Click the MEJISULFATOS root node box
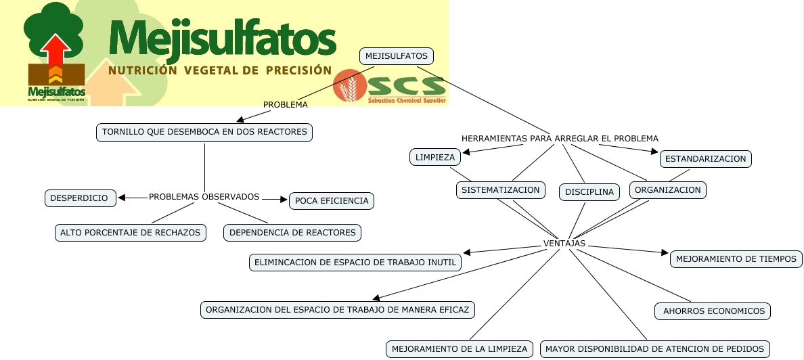click(396, 56)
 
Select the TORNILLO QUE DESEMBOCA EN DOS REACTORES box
click(204, 132)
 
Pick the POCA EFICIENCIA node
click(332, 200)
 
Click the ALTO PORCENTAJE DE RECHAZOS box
click(131, 232)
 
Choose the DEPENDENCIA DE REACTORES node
click(292, 232)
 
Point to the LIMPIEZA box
click(435, 157)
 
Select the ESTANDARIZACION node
click(706, 159)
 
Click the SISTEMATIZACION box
click(501, 190)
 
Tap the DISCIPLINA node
click(589, 192)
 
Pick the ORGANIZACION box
click(668, 190)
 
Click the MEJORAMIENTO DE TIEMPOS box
click(736, 258)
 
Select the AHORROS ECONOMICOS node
click(713, 311)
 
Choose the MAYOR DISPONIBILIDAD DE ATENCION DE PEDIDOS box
click(654, 349)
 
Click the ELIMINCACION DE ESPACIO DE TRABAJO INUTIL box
click(355, 263)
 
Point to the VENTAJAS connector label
click(564, 244)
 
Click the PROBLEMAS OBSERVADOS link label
click(204, 197)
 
